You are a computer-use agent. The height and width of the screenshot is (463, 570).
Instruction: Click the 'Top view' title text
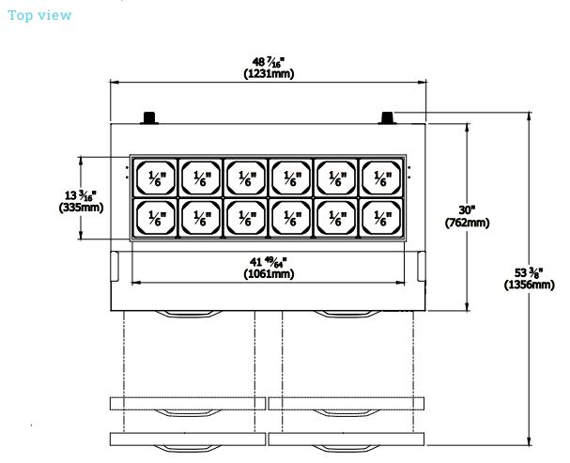(39, 15)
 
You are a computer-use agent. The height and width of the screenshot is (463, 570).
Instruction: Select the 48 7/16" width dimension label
(269, 62)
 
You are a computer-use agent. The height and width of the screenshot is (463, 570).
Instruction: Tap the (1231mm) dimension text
(269, 74)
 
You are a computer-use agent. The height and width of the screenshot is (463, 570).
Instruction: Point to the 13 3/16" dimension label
(81, 195)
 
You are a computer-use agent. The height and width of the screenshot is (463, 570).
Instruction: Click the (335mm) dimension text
(81, 208)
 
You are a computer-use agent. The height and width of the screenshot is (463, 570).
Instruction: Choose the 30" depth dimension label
(467, 210)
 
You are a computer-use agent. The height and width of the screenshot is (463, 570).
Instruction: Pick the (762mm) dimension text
(467, 223)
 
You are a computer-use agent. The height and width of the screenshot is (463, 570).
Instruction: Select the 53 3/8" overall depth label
(529, 272)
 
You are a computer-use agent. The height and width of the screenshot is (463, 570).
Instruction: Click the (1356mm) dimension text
(530, 285)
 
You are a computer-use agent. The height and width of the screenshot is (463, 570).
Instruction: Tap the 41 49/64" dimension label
(269, 262)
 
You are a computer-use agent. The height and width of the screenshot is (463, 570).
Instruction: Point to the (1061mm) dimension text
(269, 273)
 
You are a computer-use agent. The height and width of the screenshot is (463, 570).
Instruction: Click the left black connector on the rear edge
(149, 118)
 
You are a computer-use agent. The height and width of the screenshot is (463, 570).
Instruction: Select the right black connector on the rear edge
(387, 118)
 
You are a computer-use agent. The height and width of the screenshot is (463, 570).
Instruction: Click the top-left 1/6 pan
(156, 177)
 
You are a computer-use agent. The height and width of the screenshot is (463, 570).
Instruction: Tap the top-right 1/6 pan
(381, 177)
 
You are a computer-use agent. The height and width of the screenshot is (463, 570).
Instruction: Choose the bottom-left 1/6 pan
(156, 217)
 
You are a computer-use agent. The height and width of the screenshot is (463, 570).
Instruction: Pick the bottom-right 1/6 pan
(381, 217)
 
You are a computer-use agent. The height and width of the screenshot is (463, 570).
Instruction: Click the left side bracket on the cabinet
(115, 266)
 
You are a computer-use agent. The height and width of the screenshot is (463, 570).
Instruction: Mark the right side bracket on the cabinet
(422, 266)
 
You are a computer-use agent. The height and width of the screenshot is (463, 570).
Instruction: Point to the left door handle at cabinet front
(189, 314)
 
